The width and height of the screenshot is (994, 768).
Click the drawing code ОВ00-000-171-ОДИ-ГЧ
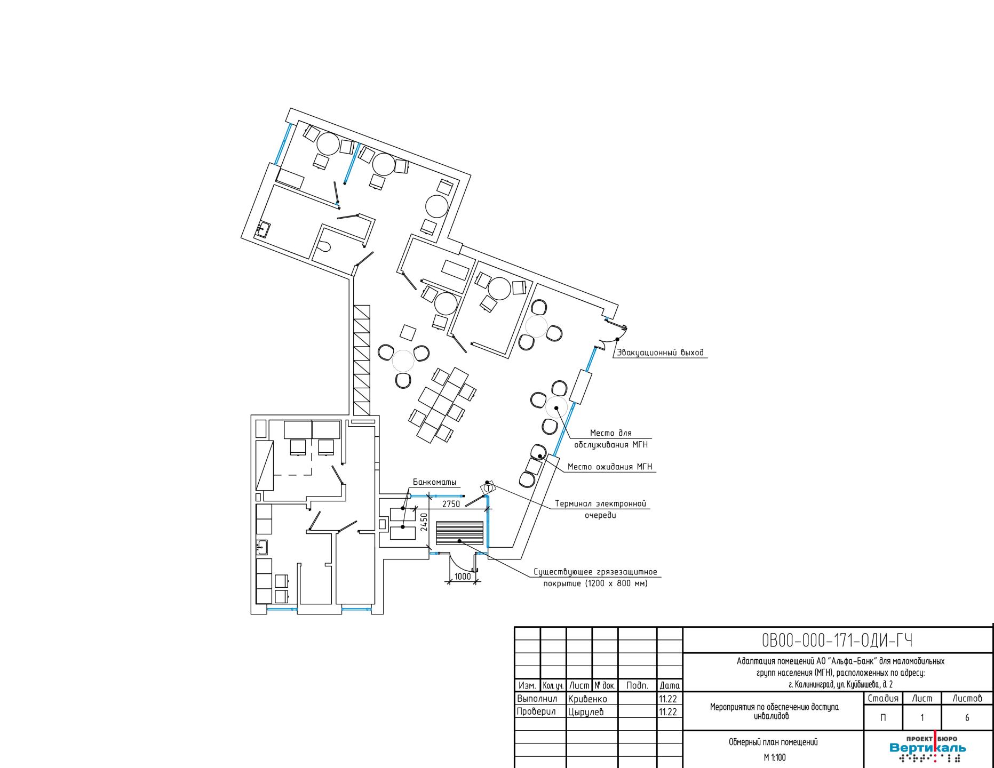coord(838,640)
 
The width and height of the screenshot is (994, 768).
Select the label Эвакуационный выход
coord(660,353)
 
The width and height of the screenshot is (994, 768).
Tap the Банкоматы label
coord(435,482)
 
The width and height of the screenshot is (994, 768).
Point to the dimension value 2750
coord(451,504)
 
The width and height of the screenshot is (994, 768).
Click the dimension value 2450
coord(424,523)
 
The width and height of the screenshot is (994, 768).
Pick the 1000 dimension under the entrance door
coord(463,577)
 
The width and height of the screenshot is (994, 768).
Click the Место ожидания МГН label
coord(610,467)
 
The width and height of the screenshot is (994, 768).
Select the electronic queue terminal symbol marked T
coord(488,488)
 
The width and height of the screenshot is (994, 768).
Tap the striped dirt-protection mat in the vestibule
coord(460,533)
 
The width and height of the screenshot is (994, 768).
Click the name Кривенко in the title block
coord(587,699)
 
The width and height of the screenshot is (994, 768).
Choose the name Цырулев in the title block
coord(586,711)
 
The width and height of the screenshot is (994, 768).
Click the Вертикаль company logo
coord(927,749)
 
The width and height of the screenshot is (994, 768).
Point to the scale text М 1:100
coord(774,757)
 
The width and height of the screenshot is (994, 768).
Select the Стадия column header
coord(883,698)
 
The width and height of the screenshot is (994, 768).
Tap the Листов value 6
coord(967,718)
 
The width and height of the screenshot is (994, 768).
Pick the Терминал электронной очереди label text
coord(600,509)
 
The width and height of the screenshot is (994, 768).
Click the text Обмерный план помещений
coord(773,742)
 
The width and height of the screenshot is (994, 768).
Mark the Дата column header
coord(670,685)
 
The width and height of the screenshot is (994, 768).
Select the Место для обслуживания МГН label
coord(610,438)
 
